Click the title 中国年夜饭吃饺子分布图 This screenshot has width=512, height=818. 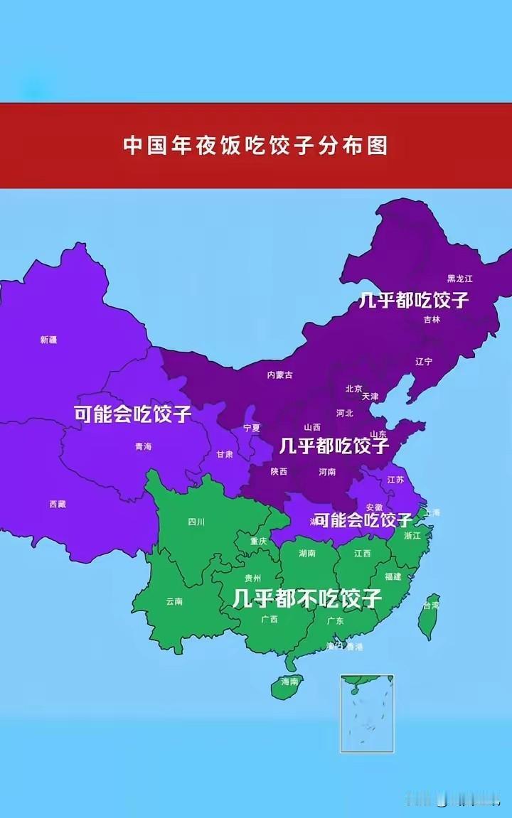[256, 145]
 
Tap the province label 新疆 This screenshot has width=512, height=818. [48, 340]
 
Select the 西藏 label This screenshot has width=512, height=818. [58, 504]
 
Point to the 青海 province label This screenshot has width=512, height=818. [143, 447]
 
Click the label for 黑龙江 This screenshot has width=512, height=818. [460, 279]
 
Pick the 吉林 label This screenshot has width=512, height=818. [432, 320]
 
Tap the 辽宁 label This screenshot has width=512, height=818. [424, 362]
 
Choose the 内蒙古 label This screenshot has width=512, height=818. [279, 375]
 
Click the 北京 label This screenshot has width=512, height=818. [353, 389]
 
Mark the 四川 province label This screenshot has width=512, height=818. [196, 522]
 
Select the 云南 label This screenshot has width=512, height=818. [174, 601]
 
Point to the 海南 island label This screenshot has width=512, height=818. [289, 682]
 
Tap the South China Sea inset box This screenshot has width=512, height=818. [366, 713]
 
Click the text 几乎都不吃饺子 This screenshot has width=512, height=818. [307, 598]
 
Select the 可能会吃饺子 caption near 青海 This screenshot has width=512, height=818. [132, 414]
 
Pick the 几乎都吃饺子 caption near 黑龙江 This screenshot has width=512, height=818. [414, 300]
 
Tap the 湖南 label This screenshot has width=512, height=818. [307, 553]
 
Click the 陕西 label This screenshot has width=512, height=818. [279, 472]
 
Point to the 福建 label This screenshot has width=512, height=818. [393, 576]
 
